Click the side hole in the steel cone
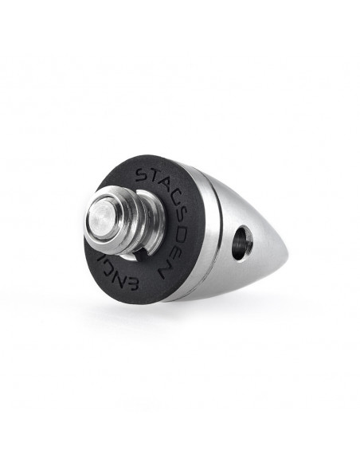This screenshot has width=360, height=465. click(242, 242)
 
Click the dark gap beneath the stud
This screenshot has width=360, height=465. click(140, 249)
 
